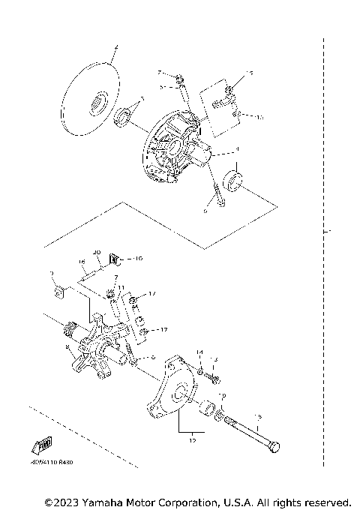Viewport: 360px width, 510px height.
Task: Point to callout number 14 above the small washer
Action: click(199, 352)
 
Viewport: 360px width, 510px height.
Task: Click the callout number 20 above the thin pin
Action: click(96, 252)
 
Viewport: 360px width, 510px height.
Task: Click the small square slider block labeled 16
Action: click(115, 259)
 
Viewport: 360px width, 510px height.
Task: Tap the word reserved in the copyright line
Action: click(324, 501)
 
